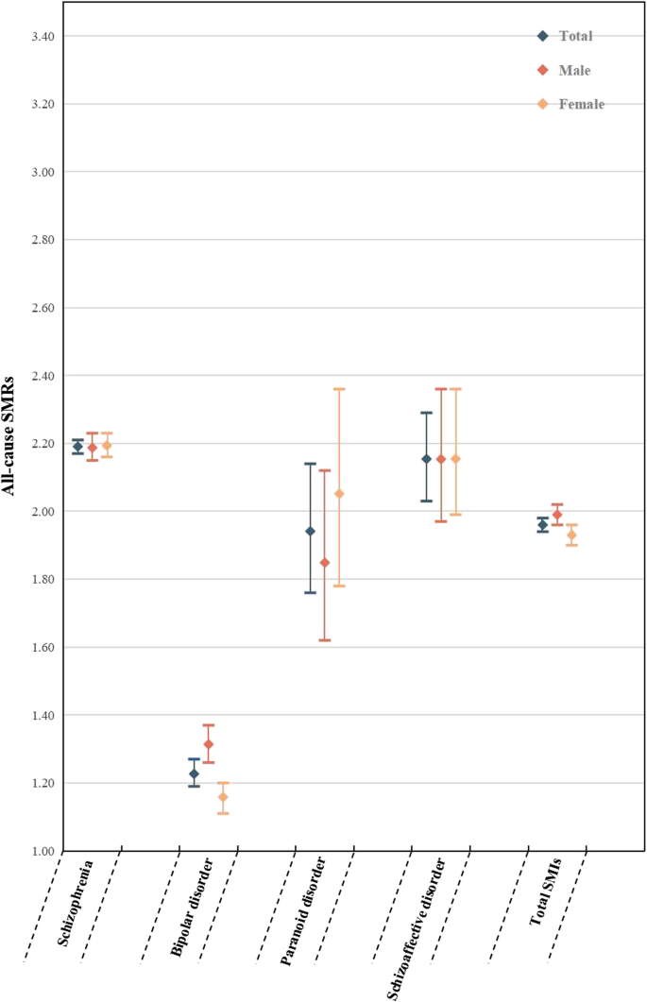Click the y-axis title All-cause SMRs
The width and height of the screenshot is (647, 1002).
click(19, 444)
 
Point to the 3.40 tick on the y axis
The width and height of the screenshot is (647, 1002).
click(35, 36)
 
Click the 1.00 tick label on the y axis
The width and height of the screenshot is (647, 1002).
click(35, 851)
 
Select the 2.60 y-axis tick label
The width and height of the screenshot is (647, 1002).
click(35, 308)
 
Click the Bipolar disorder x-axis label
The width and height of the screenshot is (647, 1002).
click(192, 908)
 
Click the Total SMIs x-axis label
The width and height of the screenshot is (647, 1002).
click(545, 892)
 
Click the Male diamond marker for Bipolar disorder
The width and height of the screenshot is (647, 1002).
click(209, 744)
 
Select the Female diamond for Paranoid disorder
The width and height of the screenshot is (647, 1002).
click(339, 494)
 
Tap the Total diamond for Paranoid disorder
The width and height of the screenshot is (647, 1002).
click(310, 531)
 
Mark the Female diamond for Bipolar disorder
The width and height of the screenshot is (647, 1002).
click(223, 797)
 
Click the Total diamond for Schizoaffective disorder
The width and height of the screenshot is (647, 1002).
click(426, 459)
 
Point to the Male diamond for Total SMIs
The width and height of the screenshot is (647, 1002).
click(557, 515)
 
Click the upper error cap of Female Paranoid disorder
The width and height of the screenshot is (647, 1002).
click(339, 389)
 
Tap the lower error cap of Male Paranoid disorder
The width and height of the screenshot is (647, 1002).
click(325, 640)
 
